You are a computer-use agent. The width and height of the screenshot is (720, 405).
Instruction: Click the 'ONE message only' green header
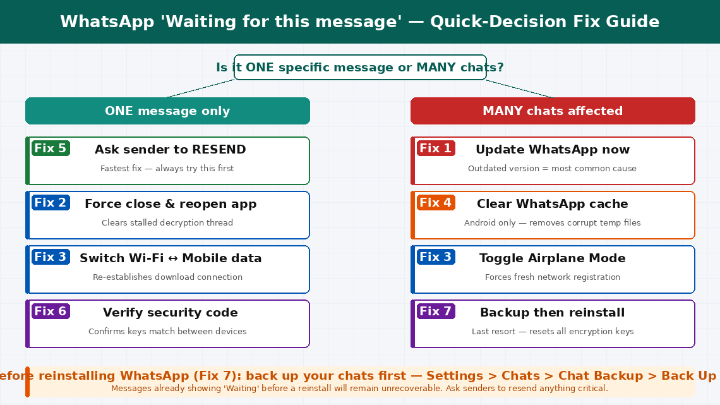[167, 111]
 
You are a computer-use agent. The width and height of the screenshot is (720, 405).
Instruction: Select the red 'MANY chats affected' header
[553, 111]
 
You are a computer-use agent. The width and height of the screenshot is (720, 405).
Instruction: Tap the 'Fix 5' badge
[51, 148]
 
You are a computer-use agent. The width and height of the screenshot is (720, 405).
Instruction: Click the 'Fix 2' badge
[51, 203]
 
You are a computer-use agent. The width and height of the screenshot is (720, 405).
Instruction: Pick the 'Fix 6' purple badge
[51, 311]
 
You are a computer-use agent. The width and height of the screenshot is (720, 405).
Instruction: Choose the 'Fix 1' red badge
[436, 148]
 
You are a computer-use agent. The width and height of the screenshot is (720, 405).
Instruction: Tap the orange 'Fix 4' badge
[436, 203]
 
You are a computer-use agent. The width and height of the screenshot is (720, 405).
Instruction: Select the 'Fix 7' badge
[436, 311]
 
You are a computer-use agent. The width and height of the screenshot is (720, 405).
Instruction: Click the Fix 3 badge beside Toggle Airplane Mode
[436, 257]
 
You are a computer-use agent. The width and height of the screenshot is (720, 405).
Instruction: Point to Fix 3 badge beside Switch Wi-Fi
[51, 257]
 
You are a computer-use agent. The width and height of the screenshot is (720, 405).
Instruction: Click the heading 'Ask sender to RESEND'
[171, 150]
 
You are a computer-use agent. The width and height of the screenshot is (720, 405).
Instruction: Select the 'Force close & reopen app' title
[171, 204]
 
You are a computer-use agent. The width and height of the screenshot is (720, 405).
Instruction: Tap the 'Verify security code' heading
[171, 313]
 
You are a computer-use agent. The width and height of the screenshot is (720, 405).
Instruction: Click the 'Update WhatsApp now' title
[553, 150]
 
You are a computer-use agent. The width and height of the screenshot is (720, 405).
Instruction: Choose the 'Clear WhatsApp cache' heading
[553, 204]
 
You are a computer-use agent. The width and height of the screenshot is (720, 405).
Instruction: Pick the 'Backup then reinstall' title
[553, 313]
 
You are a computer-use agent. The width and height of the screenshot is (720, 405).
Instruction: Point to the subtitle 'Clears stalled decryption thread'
[167, 223]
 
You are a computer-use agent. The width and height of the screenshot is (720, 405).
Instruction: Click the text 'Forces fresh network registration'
[553, 277]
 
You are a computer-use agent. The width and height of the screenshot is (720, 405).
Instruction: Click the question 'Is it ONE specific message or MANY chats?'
[360, 68]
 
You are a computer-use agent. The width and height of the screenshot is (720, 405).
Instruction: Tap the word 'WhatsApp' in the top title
[107, 22]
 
